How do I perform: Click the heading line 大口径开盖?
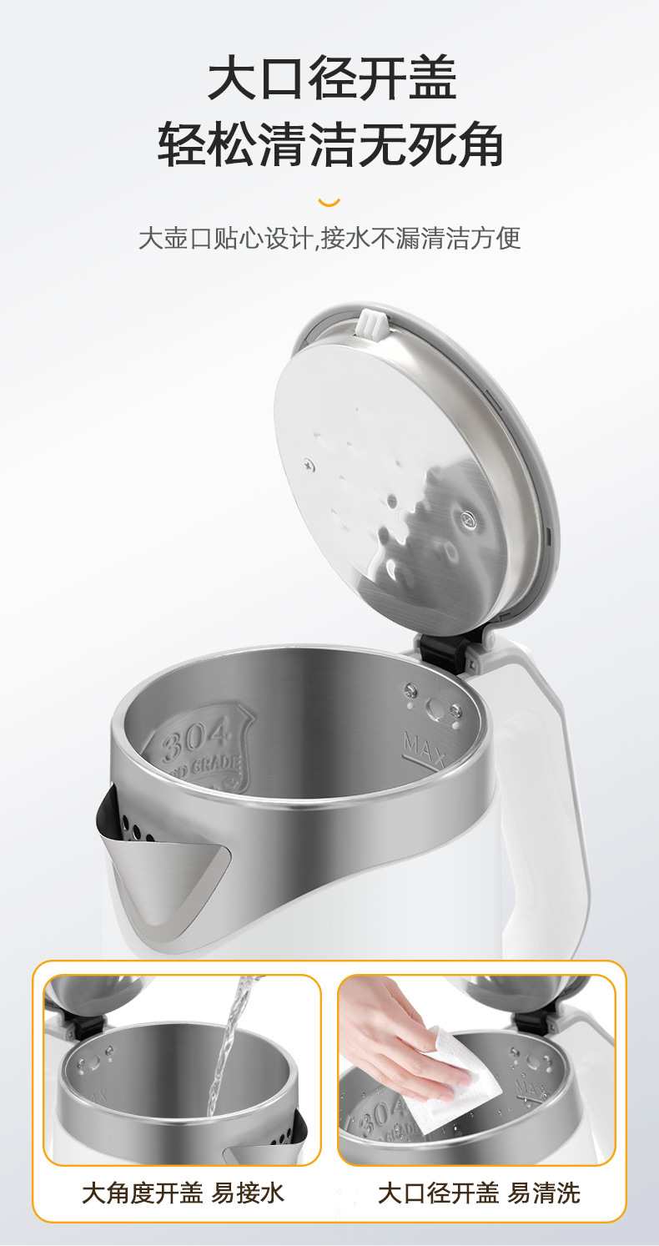pyautogui.click(x=332, y=78)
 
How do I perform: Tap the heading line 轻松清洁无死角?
pyautogui.click(x=329, y=144)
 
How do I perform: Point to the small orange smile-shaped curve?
pyautogui.click(x=329, y=202)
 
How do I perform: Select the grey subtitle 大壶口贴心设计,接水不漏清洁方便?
pyautogui.click(x=329, y=238)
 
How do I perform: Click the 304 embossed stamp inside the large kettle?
pyautogui.click(x=200, y=745)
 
